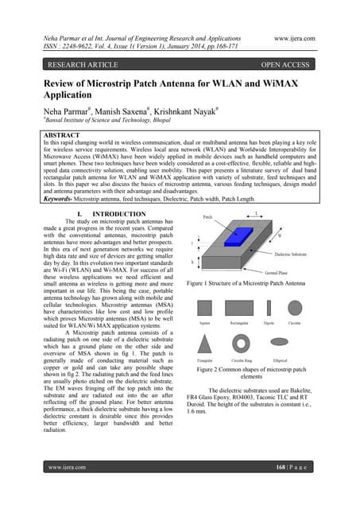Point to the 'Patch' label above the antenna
tap(208, 216)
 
